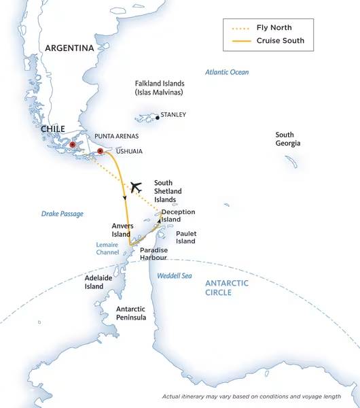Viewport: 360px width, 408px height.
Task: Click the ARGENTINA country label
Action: tap(69, 48)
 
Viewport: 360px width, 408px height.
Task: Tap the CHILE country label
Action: tap(53, 129)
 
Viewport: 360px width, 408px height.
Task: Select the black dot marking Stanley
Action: tap(158, 118)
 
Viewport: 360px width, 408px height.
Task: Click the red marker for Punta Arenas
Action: tap(73, 145)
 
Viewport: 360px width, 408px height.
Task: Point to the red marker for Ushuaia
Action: tap(100, 151)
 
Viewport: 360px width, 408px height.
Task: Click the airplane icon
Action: tap(136, 186)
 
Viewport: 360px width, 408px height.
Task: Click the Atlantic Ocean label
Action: tap(227, 72)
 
